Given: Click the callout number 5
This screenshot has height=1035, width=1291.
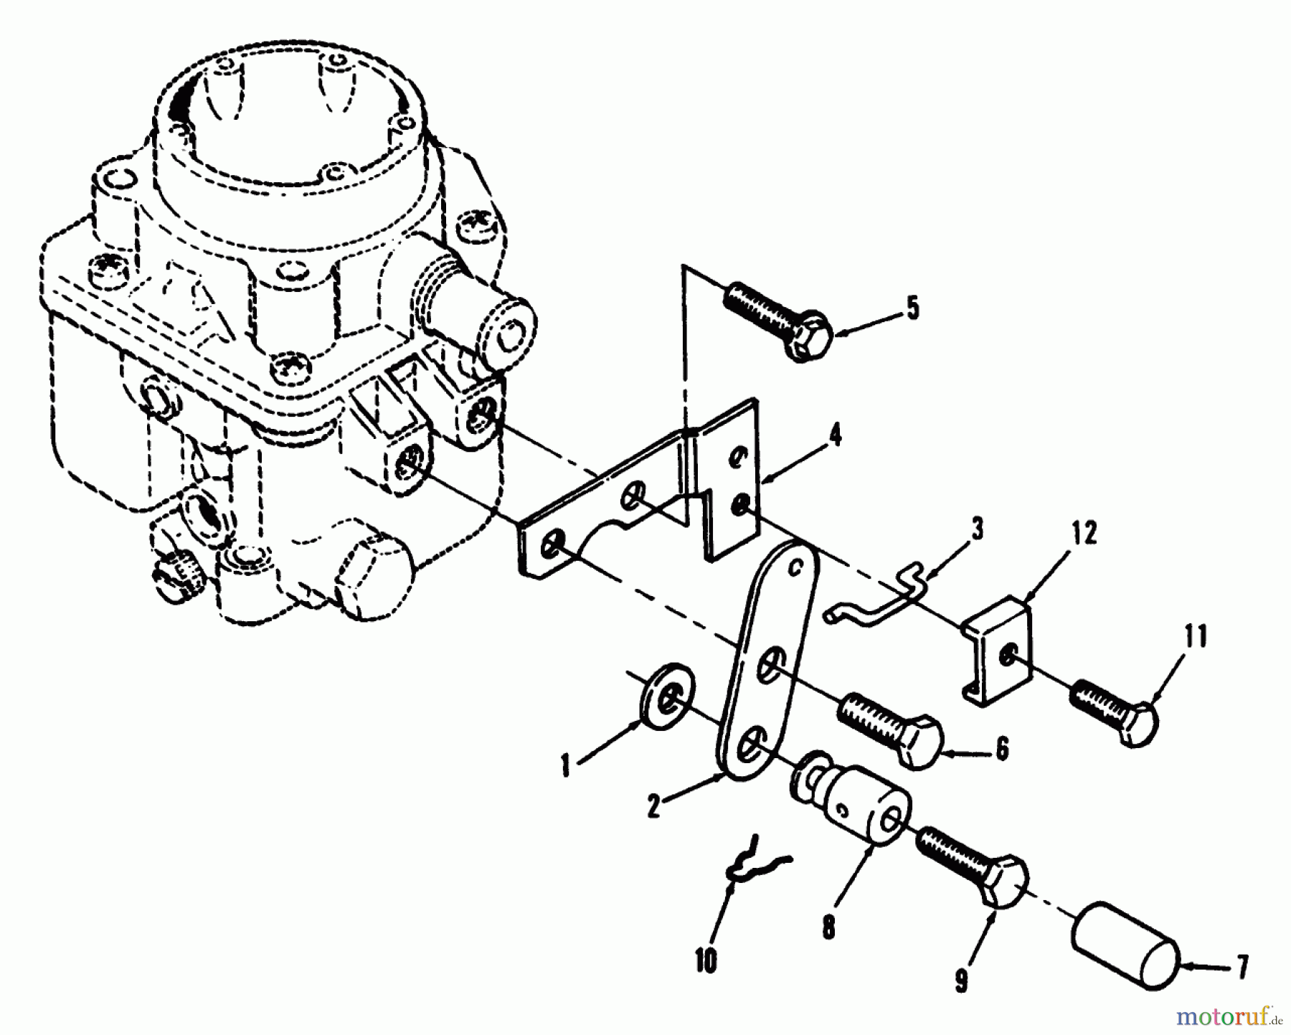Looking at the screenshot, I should pos(911,308).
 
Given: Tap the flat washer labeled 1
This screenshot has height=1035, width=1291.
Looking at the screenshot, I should pos(666,694).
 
